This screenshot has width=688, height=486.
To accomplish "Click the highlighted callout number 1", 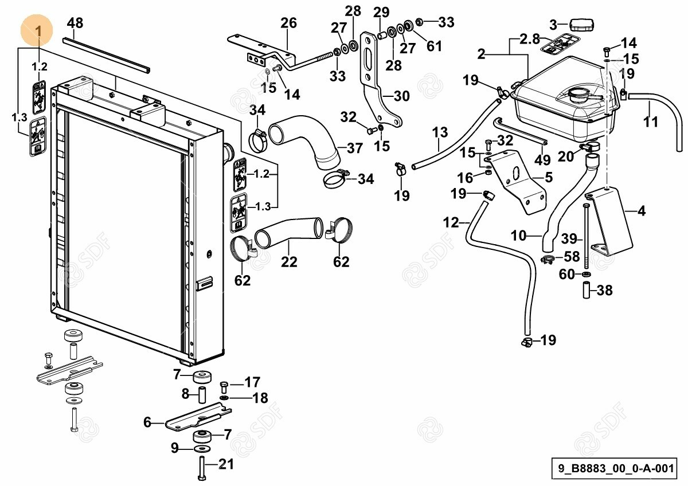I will pos(38,31).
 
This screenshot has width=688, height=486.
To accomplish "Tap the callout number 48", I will pos(75,23).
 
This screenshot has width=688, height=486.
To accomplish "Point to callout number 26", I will pos(289,23).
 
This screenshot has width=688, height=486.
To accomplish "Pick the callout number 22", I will pos(290,262).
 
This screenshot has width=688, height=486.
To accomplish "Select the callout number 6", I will pos(147,422).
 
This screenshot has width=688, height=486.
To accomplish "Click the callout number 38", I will pos(604,291).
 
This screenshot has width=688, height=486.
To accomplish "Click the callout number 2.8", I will pos(530,39).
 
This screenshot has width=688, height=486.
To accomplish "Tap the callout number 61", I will pos(434,46).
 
